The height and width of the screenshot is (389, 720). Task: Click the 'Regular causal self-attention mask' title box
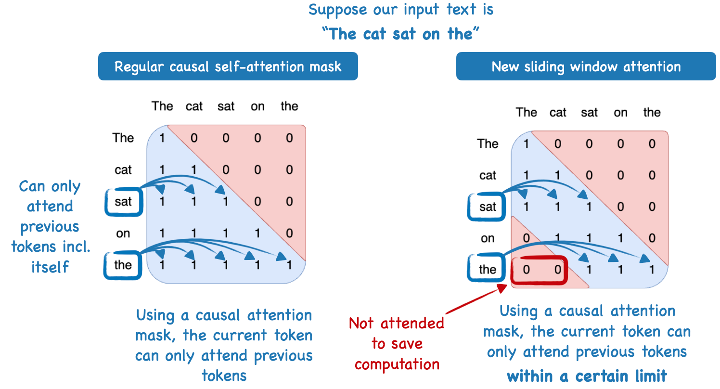pos(228,66)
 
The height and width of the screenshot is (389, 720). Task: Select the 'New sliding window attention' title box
pos(586,66)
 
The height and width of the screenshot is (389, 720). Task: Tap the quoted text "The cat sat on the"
pos(400,34)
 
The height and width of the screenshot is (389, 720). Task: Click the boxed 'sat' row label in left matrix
pos(123,202)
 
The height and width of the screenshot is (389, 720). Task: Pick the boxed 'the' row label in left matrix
pos(123,265)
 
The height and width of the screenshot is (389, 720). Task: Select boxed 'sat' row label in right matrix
pos(488,207)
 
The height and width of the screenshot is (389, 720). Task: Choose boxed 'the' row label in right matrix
pos(488,270)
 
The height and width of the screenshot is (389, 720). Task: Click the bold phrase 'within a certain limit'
pos(587,375)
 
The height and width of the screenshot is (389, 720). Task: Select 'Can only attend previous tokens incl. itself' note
pos(50,226)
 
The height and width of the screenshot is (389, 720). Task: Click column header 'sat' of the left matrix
pos(226,106)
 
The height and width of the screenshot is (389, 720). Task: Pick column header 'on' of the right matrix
pos(620,112)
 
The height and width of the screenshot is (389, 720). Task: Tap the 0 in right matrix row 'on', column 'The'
pos(526,238)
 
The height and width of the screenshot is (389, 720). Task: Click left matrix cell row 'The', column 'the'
pos(289,138)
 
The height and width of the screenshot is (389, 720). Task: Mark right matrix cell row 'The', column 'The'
pos(526,144)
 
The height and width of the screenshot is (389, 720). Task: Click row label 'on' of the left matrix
pos(123,233)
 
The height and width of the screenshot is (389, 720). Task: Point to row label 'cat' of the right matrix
pos(488,176)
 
